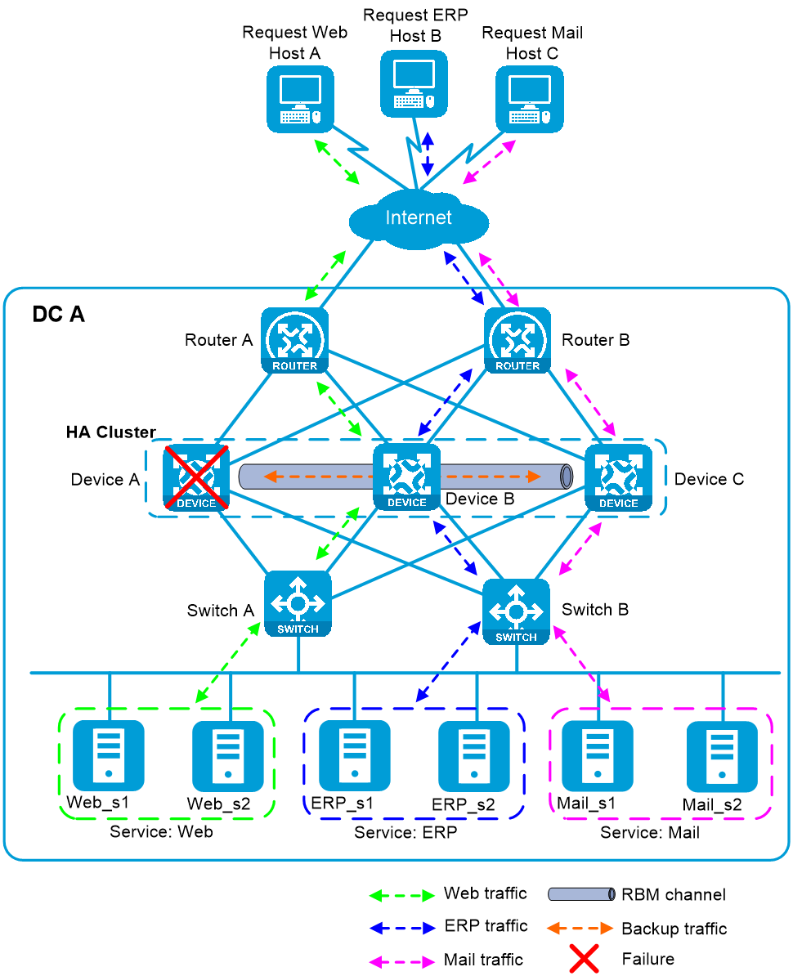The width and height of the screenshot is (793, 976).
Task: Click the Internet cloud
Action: [418, 219]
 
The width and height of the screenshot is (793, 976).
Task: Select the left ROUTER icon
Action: [295, 340]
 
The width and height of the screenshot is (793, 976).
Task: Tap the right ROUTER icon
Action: [517, 340]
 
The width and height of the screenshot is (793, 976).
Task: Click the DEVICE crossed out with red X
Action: [196, 477]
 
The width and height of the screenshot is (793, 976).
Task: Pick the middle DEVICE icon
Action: [406, 477]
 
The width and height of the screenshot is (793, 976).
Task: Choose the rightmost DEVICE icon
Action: [618, 478]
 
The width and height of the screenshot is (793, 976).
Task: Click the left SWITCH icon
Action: [298, 603]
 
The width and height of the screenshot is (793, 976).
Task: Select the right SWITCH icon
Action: [516, 611]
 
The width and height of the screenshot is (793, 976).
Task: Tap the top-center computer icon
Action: [414, 83]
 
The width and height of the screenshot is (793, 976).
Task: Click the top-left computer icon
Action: [301, 99]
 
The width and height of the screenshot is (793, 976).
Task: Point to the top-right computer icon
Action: [530, 99]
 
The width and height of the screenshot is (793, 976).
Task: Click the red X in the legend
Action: [584, 958]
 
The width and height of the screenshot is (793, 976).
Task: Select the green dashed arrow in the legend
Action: [401, 896]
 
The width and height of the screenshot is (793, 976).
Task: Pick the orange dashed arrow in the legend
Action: [580, 928]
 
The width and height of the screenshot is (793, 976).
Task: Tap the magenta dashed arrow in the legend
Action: [401, 962]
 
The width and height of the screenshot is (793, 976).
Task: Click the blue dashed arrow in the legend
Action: [401, 929]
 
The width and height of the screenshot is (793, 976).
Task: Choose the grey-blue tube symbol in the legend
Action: [580, 894]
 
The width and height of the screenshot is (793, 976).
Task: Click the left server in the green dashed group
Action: [109, 755]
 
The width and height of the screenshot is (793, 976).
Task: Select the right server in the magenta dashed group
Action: [722, 756]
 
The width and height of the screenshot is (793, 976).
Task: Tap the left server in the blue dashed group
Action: [355, 755]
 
